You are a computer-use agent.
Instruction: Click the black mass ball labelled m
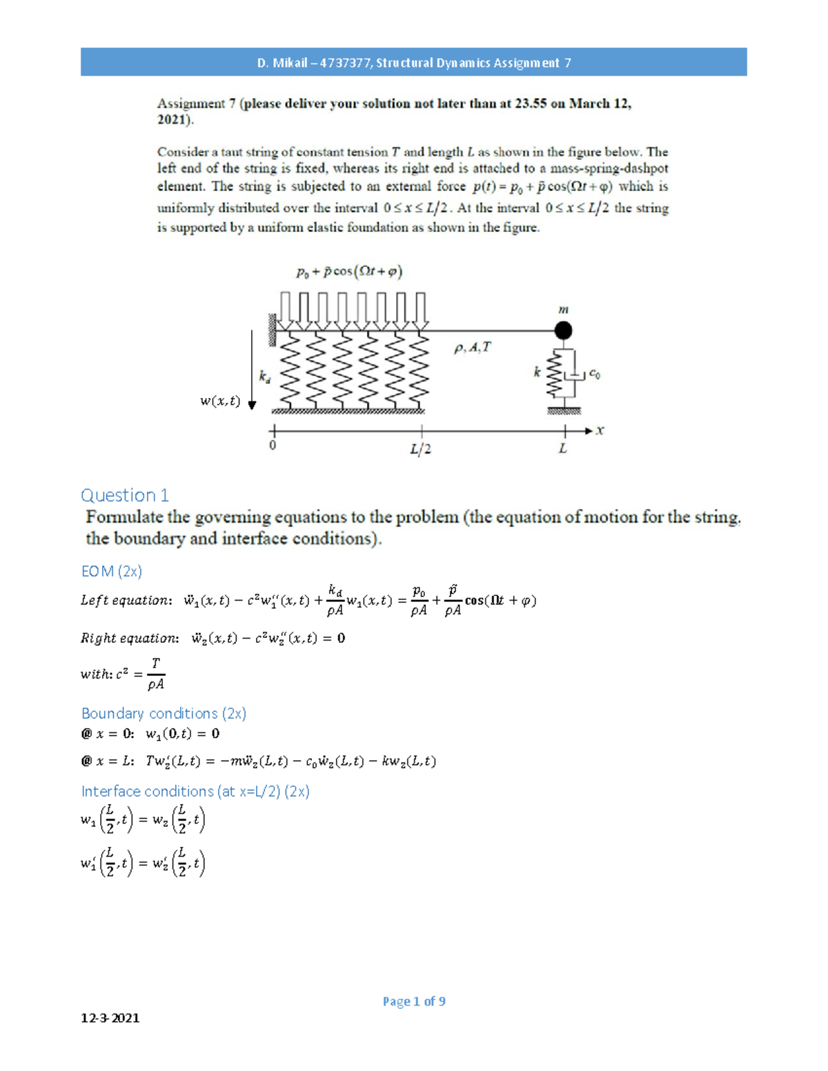(564, 330)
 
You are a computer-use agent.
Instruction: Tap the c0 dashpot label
(594, 374)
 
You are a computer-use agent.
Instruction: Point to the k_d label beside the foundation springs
(264, 377)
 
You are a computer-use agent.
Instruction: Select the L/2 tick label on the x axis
(420, 450)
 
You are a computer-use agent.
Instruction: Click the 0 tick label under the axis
(273, 446)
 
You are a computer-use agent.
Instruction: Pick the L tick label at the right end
(563, 449)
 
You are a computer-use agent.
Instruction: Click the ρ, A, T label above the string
(472, 348)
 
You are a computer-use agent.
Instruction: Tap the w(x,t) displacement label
(220, 401)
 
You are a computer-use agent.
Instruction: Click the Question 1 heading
(124, 495)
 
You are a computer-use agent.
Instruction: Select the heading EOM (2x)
(111, 571)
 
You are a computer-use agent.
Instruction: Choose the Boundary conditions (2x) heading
(164, 713)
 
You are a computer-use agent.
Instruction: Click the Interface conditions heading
(195, 791)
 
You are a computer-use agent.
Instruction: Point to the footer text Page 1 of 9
(414, 1001)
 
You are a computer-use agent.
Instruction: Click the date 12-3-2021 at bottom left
(110, 1018)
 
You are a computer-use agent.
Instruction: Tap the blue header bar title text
(414, 63)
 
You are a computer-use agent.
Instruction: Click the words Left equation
(124, 601)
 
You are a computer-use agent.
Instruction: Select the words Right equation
(128, 639)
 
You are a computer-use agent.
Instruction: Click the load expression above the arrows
(349, 272)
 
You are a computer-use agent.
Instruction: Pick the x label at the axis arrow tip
(600, 430)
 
